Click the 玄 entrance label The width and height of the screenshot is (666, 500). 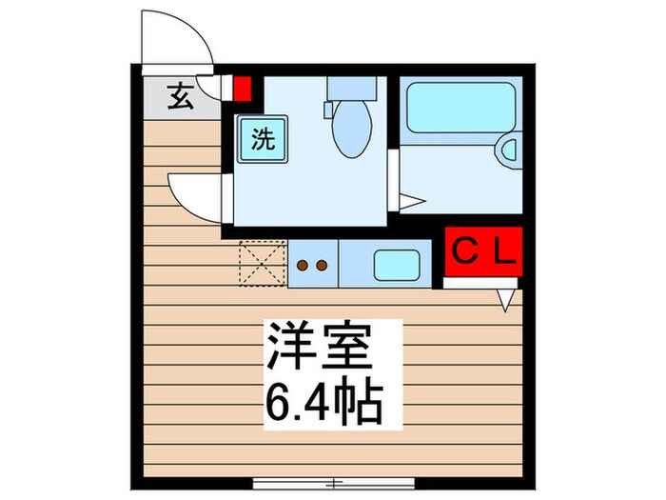click(179, 95)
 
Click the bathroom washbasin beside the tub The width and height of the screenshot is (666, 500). click(509, 150)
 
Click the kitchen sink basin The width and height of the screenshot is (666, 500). click(398, 264)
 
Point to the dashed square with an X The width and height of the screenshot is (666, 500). click(262, 264)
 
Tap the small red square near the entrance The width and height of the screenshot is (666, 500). click(242, 90)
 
